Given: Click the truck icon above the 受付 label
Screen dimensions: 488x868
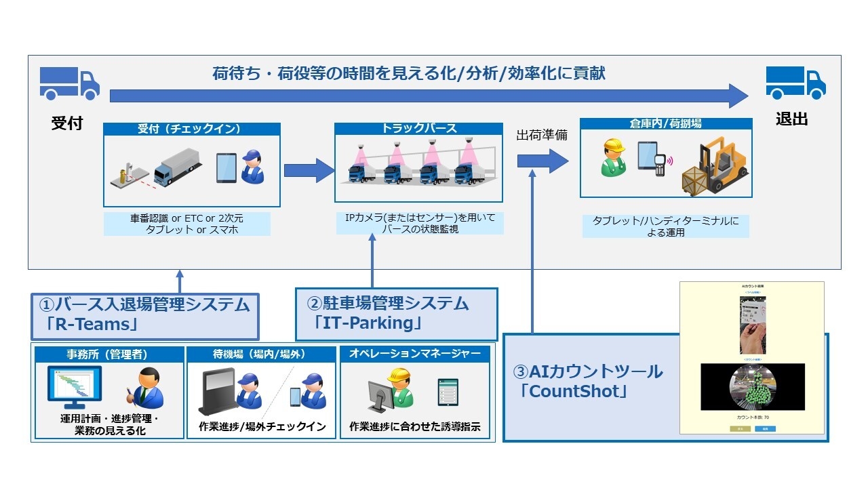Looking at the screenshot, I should coord(69,83).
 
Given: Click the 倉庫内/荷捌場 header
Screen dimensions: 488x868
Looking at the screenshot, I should coord(665,124).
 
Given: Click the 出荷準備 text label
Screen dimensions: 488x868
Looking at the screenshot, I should coord(542,136).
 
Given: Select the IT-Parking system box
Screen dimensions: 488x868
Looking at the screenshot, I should coord(396,314).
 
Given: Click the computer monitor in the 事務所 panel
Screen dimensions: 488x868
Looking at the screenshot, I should coord(75,388).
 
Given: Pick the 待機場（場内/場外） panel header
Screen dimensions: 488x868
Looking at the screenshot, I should coord(261,354).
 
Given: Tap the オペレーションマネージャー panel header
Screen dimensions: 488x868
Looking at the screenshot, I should coord(414,354).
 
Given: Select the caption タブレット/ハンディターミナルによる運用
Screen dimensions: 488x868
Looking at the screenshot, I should coord(665,226).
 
